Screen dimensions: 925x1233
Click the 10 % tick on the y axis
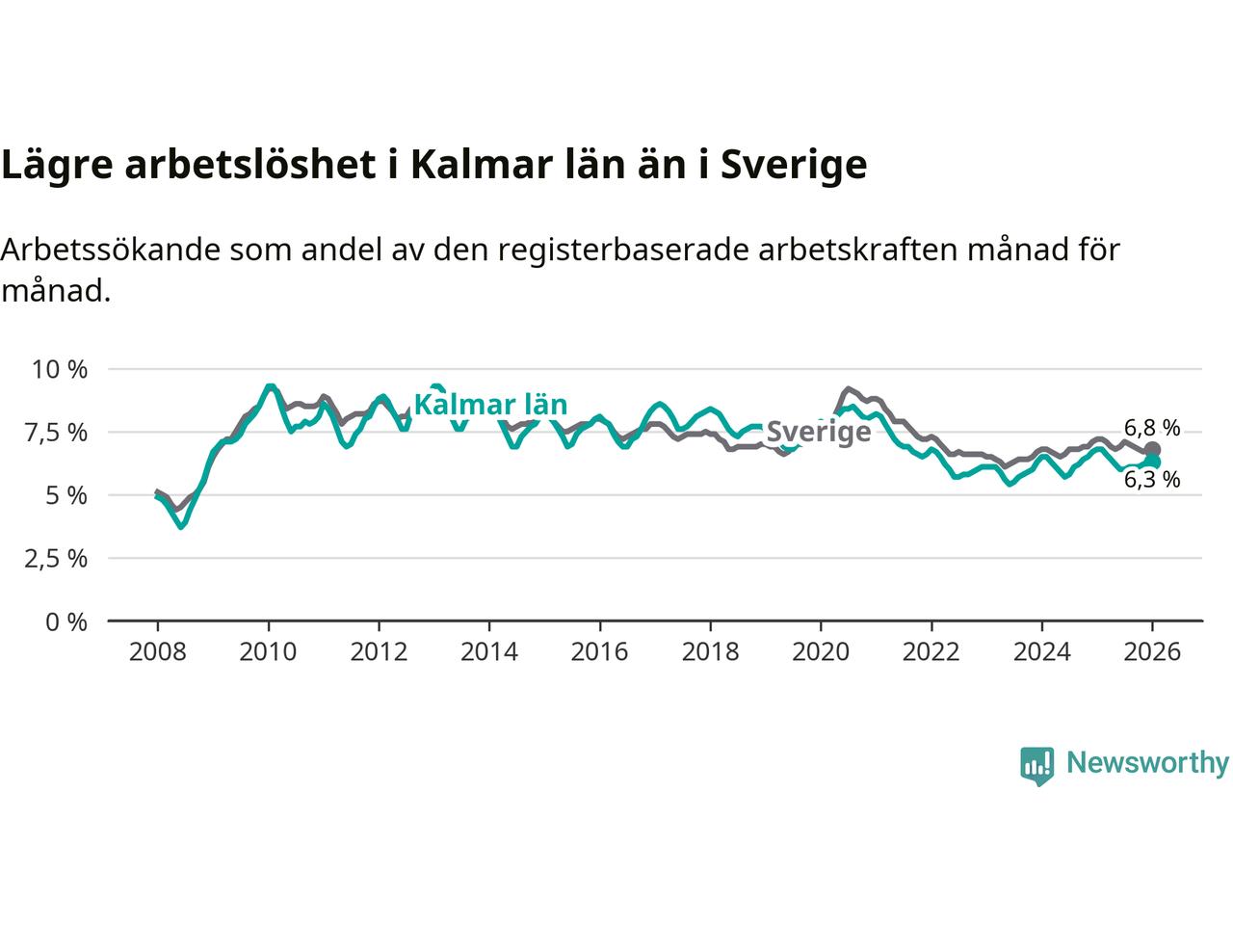click(60, 369)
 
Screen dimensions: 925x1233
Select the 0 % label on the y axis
click(66, 622)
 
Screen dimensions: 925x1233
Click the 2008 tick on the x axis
click(157, 652)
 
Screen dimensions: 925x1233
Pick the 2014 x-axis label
click(488, 652)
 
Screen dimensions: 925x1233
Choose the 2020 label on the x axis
click(820, 652)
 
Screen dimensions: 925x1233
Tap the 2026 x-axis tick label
click(1152, 652)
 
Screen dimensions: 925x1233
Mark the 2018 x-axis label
click(710, 652)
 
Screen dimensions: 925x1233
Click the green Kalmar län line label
click(490, 405)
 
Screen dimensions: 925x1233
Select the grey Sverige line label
click(818, 431)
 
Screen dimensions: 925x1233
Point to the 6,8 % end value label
click(1152, 428)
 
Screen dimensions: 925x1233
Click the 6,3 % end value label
click(1152, 480)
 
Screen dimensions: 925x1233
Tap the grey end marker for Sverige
click(1152, 450)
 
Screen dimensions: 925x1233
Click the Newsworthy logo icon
click(1036, 765)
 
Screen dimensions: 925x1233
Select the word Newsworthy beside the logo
click(1147, 763)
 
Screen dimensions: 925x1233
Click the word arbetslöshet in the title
click(249, 165)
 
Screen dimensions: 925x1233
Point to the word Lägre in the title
click(57, 165)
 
